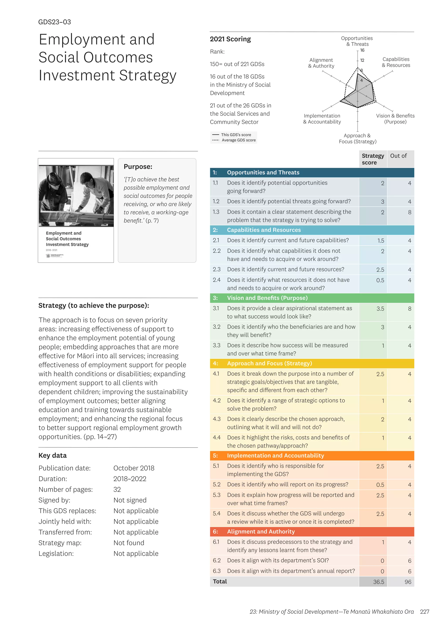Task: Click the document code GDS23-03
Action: pyautogui.click(x=54, y=22)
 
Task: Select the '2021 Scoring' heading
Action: pyautogui.click(x=230, y=39)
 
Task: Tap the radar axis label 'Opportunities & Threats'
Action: pyautogui.click(x=357, y=41)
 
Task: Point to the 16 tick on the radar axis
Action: pyautogui.click(x=362, y=50)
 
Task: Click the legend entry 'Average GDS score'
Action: pyautogui.click(x=238, y=140)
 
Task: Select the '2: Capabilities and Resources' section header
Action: pyautogui.click(x=264, y=230)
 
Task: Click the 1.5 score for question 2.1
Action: pyautogui.click(x=381, y=241)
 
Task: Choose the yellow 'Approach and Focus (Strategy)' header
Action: pyautogui.click(x=269, y=363)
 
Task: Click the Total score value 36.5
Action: pyautogui.click(x=378, y=582)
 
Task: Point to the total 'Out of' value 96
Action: pyautogui.click(x=408, y=582)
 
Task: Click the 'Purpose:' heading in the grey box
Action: pyautogui.click(x=138, y=167)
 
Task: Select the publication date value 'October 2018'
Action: pyautogui.click(x=134, y=468)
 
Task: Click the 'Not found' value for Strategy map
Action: pyautogui.click(x=129, y=543)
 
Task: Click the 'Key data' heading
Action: pyautogui.click(x=52, y=456)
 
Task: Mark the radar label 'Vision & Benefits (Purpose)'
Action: pyautogui.click(x=395, y=119)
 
